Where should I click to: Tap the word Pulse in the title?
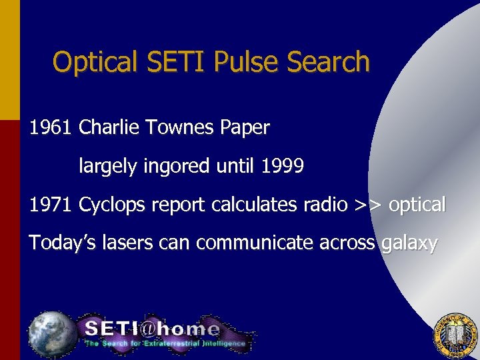(248, 62)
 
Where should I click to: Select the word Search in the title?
(328, 62)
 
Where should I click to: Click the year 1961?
(50, 128)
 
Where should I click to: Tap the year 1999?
(283, 166)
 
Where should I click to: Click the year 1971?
(50, 205)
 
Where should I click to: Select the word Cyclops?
(112, 205)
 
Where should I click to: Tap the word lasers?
(131, 243)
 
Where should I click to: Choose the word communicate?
(237, 243)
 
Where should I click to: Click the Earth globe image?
(52, 333)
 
